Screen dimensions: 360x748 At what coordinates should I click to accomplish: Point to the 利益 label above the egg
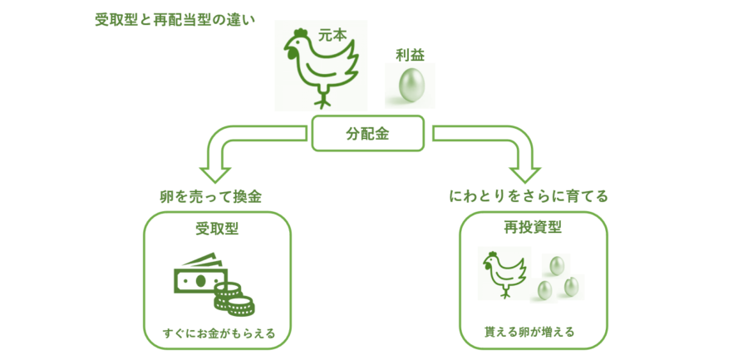click(411, 55)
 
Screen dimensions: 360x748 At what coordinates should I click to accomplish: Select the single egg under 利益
click(410, 86)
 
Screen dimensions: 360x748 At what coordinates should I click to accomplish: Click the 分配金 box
click(367, 133)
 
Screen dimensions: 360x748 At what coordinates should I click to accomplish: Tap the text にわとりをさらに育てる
click(529, 197)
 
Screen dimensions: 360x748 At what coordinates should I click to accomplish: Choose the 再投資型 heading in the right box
click(528, 229)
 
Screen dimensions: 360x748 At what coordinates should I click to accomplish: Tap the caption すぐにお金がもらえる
click(219, 335)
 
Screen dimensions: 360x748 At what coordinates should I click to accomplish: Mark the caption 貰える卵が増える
click(529, 333)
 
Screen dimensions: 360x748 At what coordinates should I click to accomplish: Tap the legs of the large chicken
click(322, 100)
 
